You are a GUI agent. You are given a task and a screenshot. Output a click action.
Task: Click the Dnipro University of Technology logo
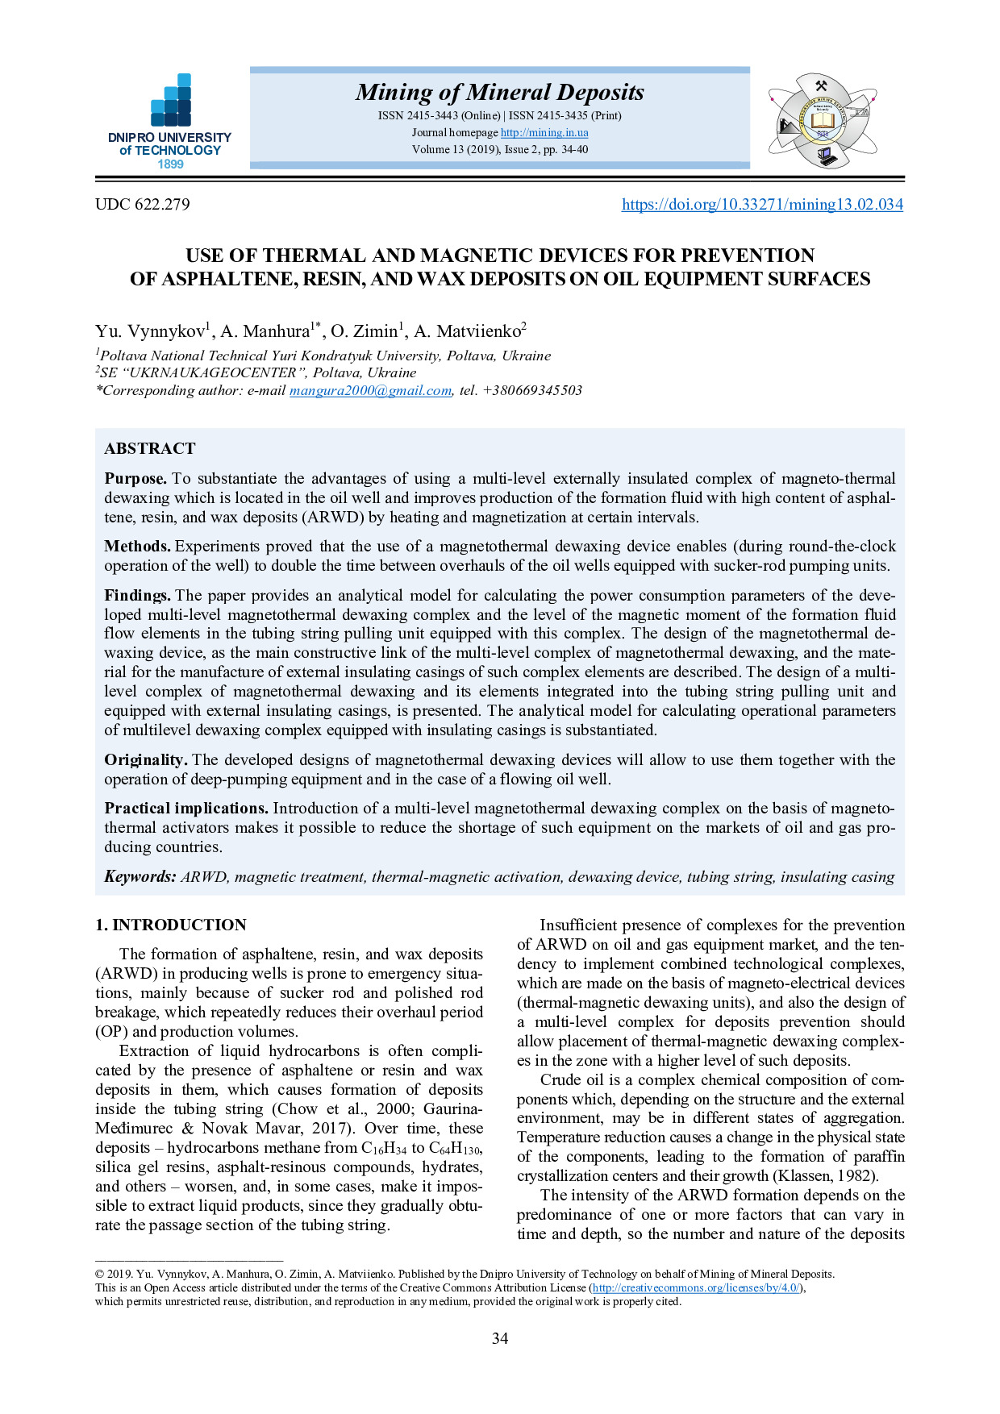point(170,121)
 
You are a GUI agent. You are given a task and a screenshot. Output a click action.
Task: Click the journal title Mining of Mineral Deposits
point(500,93)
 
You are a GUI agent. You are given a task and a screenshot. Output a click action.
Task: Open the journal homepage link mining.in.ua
point(544,132)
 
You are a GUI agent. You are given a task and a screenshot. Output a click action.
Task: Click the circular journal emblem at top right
point(822,121)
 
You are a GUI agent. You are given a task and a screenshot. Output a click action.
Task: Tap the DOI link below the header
point(762,205)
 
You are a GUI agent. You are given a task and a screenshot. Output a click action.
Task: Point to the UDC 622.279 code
point(143,205)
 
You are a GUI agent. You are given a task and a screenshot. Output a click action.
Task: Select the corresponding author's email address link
point(370,391)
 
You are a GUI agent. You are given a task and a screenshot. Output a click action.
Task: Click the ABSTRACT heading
point(150,449)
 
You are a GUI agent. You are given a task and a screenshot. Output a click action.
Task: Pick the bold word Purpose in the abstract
point(135,479)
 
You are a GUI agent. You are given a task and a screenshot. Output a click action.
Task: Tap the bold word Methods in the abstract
point(137,547)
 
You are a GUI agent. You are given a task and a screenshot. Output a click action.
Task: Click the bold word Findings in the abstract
point(137,596)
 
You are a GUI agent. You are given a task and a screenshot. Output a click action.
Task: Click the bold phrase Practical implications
point(186,809)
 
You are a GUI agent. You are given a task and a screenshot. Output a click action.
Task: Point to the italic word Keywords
point(140,877)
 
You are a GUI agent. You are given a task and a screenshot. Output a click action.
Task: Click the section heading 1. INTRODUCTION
point(171,925)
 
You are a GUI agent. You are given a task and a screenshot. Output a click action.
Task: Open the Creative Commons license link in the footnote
point(696,1288)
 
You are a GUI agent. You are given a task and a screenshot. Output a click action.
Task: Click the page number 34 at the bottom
point(500,1339)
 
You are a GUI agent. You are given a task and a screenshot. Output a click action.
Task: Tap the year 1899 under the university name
point(170,164)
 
